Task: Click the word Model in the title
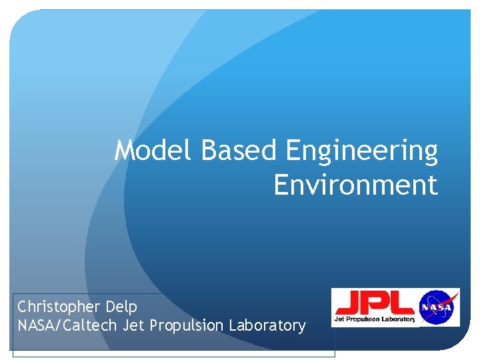(x=155, y=151)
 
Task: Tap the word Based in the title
(x=238, y=151)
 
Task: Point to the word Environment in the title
(x=355, y=185)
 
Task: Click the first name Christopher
(x=59, y=307)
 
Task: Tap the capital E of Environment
(x=281, y=185)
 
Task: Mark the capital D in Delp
(x=111, y=307)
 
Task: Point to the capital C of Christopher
(x=22, y=307)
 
